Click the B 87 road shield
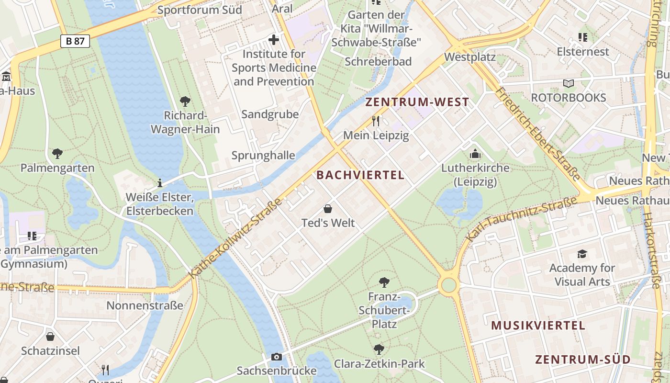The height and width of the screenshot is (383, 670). pos(75,41)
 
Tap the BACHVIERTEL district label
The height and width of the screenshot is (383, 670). pos(360,175)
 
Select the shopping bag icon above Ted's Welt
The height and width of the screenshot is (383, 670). pos(328,209)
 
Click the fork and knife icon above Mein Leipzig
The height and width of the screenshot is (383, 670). pos(376,121)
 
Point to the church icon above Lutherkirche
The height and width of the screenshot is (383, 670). pos(475,154)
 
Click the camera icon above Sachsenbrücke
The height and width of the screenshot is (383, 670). pos(276,357)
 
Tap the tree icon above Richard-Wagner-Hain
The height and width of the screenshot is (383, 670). pos(185,101)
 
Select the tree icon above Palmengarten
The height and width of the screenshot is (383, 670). pos(57,154)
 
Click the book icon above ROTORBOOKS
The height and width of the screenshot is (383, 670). pos(568,84)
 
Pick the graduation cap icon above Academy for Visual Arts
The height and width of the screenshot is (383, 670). pos(582,254)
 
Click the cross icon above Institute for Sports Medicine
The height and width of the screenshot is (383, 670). pos(274,40)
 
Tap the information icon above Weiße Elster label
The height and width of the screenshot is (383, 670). pos(159,183)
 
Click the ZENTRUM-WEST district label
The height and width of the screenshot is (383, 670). pos(417,102)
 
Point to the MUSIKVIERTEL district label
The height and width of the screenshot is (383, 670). pos(538,326)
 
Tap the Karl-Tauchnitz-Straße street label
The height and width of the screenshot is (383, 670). pos(522,218)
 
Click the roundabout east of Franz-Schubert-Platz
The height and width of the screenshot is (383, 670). pos(448,285)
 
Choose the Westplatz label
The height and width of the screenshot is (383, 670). pos(469,57)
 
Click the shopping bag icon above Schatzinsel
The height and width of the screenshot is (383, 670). pos(50,337)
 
